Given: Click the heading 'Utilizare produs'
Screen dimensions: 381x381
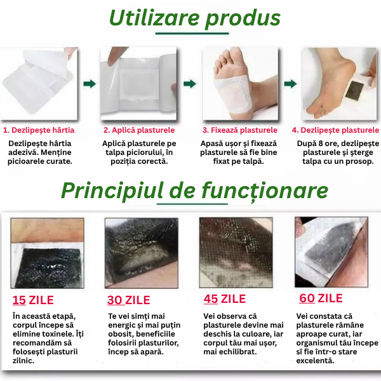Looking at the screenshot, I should (x=194, y=18).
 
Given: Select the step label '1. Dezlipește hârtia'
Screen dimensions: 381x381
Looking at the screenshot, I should (x=39, y=130).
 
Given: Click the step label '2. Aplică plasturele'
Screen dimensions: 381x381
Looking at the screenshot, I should (x=139, y=130).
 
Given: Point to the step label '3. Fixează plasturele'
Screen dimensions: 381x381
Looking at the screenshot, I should (x=240, y=130).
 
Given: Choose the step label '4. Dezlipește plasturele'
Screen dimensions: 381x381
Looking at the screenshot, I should (x=335, y=130).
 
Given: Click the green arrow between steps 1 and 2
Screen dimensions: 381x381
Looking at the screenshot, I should (x=90, y=83).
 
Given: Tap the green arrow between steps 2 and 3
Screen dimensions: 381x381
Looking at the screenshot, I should (x=189, y=83).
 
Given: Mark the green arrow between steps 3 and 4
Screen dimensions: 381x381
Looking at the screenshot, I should (x=290, y=83).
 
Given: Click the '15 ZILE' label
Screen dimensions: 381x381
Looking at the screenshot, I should (x=33, y=300).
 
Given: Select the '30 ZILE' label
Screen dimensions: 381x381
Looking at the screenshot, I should (x=130, y=300).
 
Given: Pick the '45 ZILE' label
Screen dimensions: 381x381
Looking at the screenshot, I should (x=224, y=299).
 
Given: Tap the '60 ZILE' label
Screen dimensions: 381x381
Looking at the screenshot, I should (x=321, y=298).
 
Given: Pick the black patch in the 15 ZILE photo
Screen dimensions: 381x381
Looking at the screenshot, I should (x=48, y=267).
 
